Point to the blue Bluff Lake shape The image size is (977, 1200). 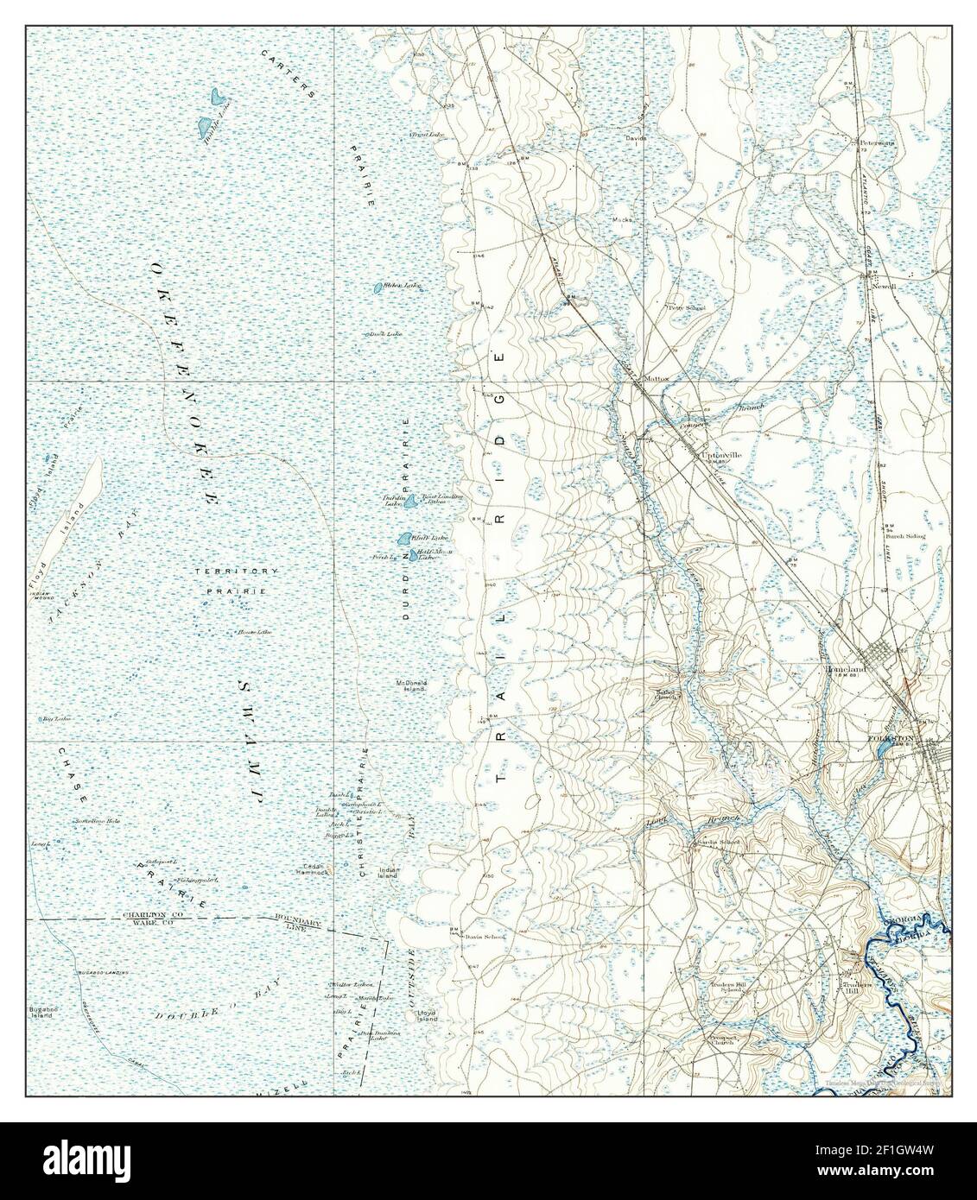[x=403, y=540]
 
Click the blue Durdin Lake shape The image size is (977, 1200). [x=412, y=500]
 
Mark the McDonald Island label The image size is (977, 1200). [x=412, y=685]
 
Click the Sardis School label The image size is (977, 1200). [x=719, y=842]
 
